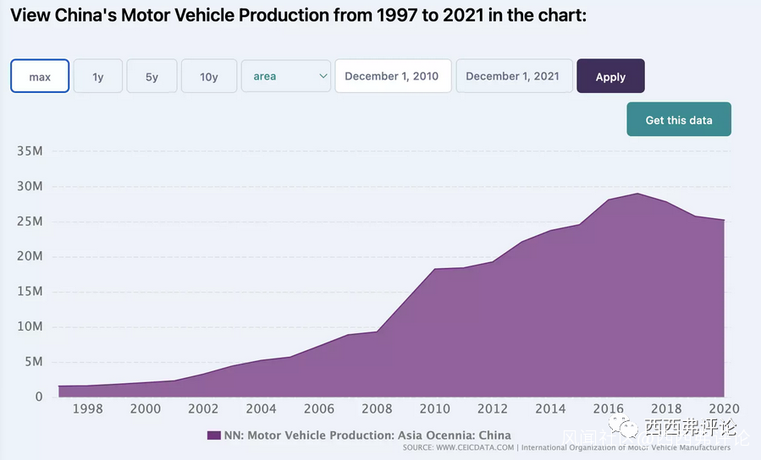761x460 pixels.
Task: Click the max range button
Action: [40, 76]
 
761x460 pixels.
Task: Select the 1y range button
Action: [98, 76]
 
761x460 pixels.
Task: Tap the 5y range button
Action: [152, 76]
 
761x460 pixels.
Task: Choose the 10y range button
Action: [209, 76]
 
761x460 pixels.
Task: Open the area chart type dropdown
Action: [286, 76]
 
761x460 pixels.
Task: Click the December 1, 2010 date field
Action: [392, 76]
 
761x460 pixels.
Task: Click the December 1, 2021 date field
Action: [513, 76]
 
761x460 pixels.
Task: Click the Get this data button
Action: [679, 120]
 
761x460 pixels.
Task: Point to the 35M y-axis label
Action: [30, 151]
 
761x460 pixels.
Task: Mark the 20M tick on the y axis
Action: [30, 257]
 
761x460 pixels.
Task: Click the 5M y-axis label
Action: [33, 362]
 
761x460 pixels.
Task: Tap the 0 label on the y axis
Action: [39, 397]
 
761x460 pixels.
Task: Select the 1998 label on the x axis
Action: [88, 409]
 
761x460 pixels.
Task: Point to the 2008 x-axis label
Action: [377, 409]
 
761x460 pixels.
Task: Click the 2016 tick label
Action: [609, 409]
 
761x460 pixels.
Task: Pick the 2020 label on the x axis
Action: [725, 409]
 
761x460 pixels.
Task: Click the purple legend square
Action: [214, 435]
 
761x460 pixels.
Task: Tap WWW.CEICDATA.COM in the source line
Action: [474, 447]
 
